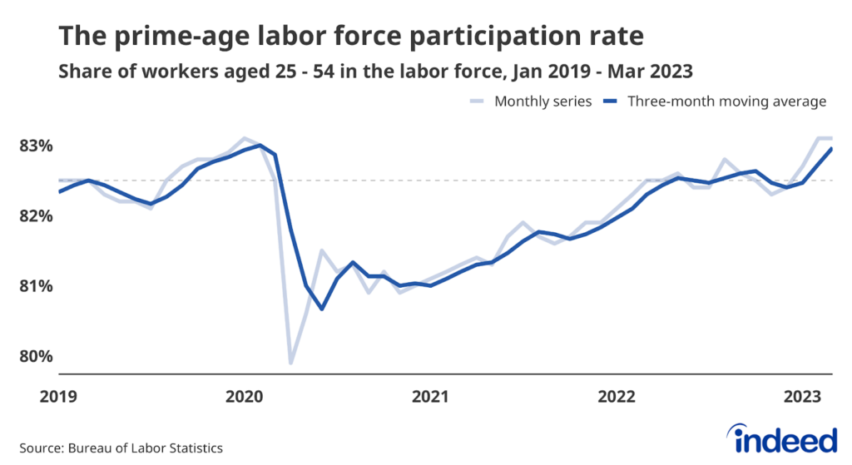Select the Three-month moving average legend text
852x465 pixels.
(726, 101)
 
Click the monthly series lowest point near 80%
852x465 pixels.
(290, 363)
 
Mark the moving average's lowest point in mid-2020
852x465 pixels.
(322, 309)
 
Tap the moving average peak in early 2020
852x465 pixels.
(260, 146)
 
